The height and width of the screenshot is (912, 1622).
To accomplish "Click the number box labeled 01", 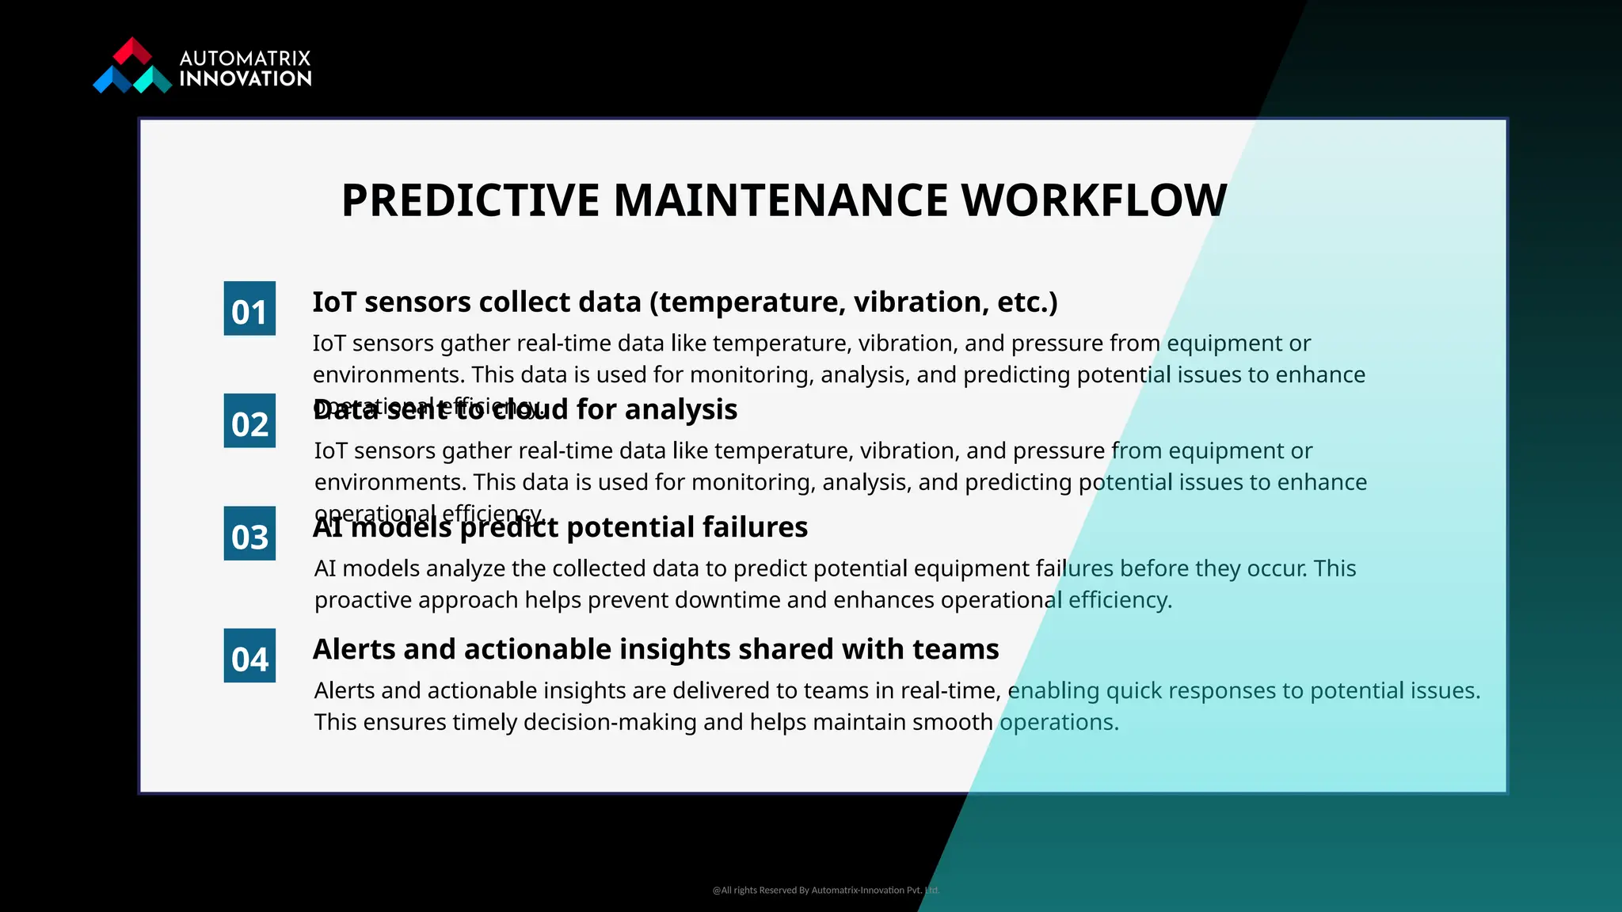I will pos(249,309).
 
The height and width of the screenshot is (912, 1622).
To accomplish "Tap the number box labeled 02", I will pos(249,421).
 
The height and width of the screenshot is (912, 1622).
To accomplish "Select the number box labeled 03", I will pos(249,534).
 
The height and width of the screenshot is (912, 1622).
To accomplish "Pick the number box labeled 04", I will pos(249,655).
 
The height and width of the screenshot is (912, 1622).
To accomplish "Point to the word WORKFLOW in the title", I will pos(1094,200).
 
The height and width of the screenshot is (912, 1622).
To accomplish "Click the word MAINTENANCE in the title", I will pos(780,200).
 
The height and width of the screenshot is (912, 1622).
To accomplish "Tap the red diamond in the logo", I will pos(132,51).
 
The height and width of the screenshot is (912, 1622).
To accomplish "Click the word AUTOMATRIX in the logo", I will pos(245,59).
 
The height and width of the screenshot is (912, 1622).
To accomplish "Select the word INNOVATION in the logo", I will pos(246,78).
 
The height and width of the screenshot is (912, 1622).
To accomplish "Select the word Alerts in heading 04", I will pos(353,648).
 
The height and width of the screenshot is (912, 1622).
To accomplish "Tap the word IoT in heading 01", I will pos(334,302).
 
